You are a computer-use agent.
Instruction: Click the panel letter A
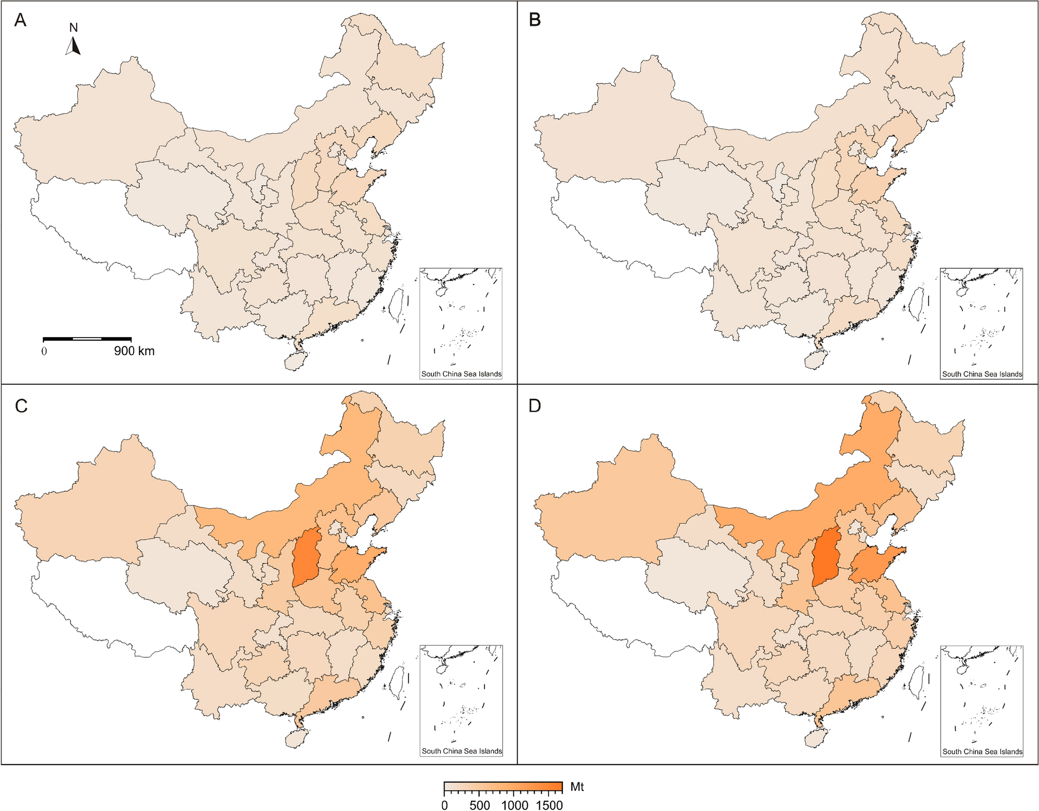pyautogui.click(x=20, y=20)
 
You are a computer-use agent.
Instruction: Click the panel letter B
pyautogui.click(x=535, y=20)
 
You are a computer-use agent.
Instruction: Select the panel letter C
pyautogui.click(x=21, y=406)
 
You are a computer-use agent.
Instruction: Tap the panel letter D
pyautogui.click(x=535, y=405)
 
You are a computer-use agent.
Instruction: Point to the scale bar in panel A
pyautogui.click(x=87, y=339)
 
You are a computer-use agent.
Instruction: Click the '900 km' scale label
pyautogui.click(x=134, y=351)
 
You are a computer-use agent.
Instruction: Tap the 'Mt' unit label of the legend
pyautogui.click(x=577, y=787)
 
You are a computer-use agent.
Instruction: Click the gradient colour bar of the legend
pyautogui.click(x=503, y=787)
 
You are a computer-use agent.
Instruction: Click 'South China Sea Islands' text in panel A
pyautogui.click(x=461, y=374)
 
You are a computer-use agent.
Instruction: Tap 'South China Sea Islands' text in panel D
pyautogui.click(x=982, y=751)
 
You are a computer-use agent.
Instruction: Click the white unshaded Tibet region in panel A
pyautogui.click(x=104, y=228)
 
